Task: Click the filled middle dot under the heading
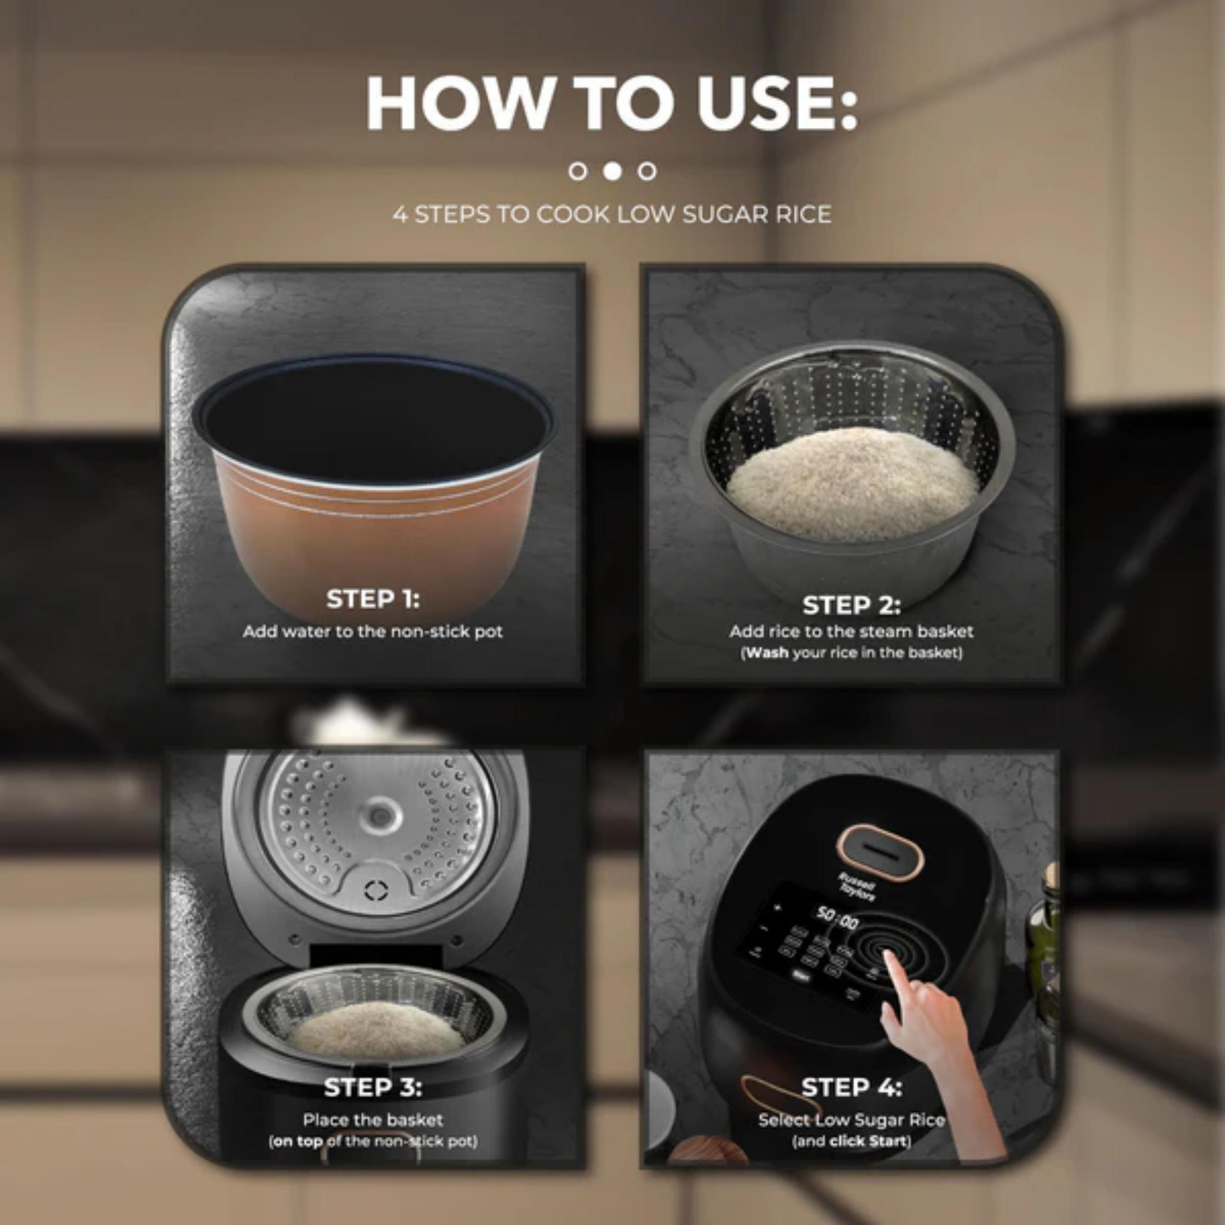point(612,171)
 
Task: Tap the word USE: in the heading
point(777,103)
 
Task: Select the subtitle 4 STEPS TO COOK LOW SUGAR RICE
point(612,214)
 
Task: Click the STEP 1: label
point(373,599)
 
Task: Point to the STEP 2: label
point(851,605)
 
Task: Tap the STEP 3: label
point(373,1087)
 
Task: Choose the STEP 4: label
point(851,1087)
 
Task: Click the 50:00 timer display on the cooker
point(837,918)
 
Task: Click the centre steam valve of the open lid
point(379,815)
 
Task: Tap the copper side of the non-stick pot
point(374,546)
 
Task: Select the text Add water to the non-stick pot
point(373,632)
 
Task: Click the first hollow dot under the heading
point(578,171)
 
